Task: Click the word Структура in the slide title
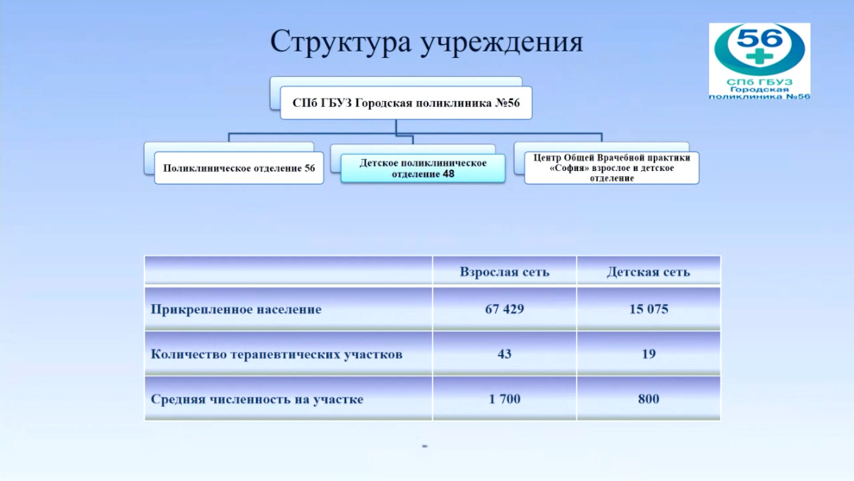[341, 42]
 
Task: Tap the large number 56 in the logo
[759, 38]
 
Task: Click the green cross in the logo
[759, 56]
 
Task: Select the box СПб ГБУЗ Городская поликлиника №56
[405, 103]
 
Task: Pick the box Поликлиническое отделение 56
[239, 168]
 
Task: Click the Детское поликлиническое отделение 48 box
[423, 168]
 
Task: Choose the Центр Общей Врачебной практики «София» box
[611, 168]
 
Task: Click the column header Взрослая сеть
[505, 271]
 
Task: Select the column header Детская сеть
[648, 271]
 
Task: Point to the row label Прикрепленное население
[235, 309]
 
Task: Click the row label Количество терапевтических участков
[276, 354]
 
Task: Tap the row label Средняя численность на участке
[256, 399]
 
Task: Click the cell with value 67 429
[505, 309]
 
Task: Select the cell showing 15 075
[648, 309]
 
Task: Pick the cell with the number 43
[505, 354]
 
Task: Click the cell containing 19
[648, 354]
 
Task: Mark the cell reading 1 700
[505, 399]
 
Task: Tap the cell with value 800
[648, 399]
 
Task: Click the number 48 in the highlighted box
[449, 174]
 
